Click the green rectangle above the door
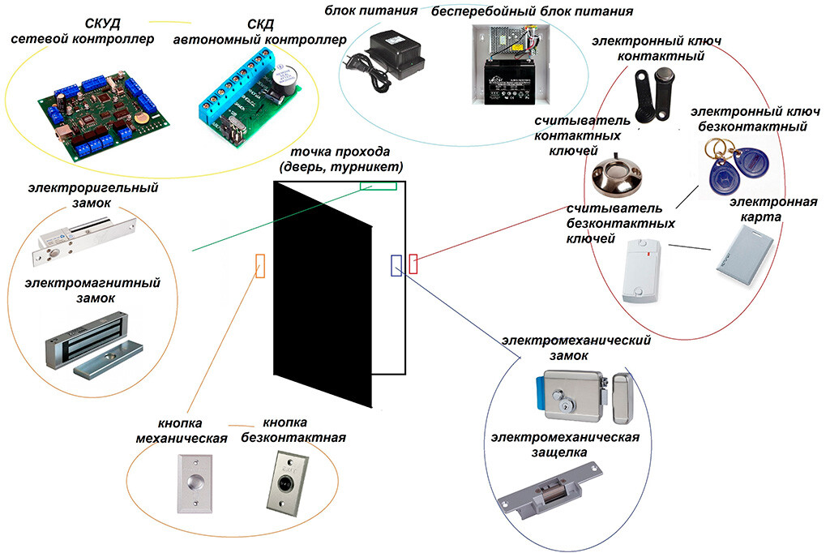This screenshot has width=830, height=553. (x=378, y=185)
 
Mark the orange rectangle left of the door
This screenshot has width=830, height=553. (x=260, y=265)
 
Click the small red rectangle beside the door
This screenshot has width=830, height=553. (x=413, y=264)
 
